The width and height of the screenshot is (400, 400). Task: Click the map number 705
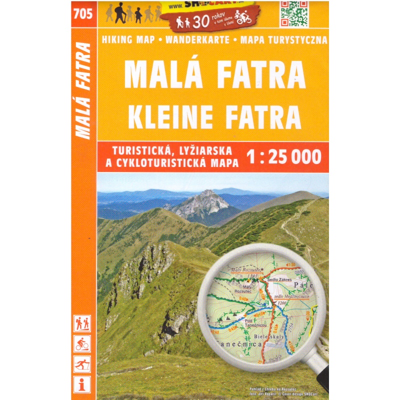click(82, 14)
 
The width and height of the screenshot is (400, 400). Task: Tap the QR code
click(294, 13)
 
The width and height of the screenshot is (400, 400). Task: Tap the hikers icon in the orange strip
click(82, 323)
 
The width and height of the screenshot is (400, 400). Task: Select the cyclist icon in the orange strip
click(82, 343)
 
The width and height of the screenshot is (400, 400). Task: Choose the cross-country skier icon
click(82, 363)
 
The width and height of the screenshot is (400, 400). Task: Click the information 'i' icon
click(82, 384)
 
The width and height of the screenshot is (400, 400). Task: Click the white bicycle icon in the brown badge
click(243, 19)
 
